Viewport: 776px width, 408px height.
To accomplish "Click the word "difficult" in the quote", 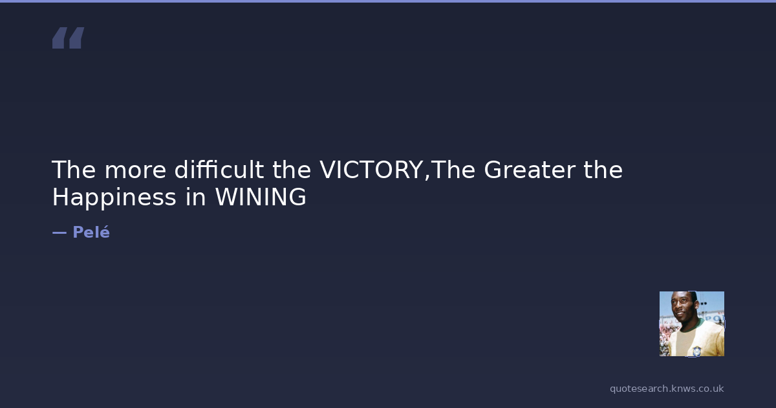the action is coord(219,170).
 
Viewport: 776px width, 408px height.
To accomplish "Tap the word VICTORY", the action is coord(371,170).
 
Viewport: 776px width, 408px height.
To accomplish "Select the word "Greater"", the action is coord(530,170).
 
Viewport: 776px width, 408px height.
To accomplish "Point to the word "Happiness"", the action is coord(114,198).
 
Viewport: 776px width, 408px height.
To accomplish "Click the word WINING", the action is coord(261,197).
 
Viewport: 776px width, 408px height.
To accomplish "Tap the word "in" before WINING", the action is coord(196,197).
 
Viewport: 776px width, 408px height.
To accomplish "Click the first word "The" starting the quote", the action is coord(74,170).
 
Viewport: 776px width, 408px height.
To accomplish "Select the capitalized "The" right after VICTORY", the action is coord(453,170).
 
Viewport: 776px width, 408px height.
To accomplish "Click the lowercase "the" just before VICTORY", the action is coord(292,170).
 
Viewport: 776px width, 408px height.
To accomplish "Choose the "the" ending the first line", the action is coord(603,170).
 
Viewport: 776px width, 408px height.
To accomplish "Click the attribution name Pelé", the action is coord(91,232).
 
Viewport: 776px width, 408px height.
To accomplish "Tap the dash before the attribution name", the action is coord(59,232).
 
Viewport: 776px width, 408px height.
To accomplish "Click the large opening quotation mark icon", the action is coord(69,38).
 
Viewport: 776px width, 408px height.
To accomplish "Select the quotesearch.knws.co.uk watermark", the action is coord(667,389).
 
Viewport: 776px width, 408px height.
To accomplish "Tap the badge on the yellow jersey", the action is coord(696,351).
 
